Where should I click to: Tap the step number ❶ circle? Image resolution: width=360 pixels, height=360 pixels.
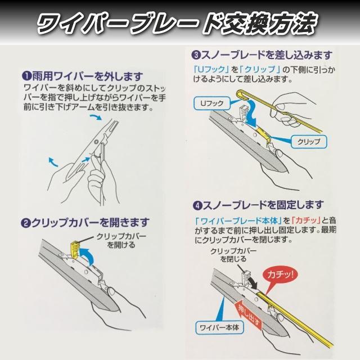pyautogui.click(x=26, y=76)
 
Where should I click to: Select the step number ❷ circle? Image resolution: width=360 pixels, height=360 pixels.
pyautogui.click(x=25, y=223)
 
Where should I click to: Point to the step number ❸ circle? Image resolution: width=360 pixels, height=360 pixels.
pyautogui.click(x=196, y=55)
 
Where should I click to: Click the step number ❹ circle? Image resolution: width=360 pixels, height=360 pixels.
pyautogui.click(x=197, y=205)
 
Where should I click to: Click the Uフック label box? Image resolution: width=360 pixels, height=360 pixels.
pyautogui.click(x=211, y=103)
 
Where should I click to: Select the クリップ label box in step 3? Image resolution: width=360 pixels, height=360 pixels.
pyautogui.click(x=309, y=141)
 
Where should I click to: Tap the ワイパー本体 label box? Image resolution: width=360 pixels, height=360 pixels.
pyautogui.click(x=219, y=327)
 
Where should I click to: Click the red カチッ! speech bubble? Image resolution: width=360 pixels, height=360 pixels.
pyautogui.click(x=281, y=278)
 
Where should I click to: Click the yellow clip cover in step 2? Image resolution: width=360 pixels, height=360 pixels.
pyautogui.click(x=75, y=250)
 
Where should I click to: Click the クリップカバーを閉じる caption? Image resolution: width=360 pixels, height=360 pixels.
pyautogui.click(x=233, y=255)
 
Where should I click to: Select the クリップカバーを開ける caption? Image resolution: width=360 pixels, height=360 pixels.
pyautogui.click(x=121, y=241)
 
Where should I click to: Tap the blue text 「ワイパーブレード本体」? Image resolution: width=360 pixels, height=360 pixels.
pyautogui.click(x=238, y=220)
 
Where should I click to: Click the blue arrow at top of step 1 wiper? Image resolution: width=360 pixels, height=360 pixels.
pyautogui.click(x=95, y=118)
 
